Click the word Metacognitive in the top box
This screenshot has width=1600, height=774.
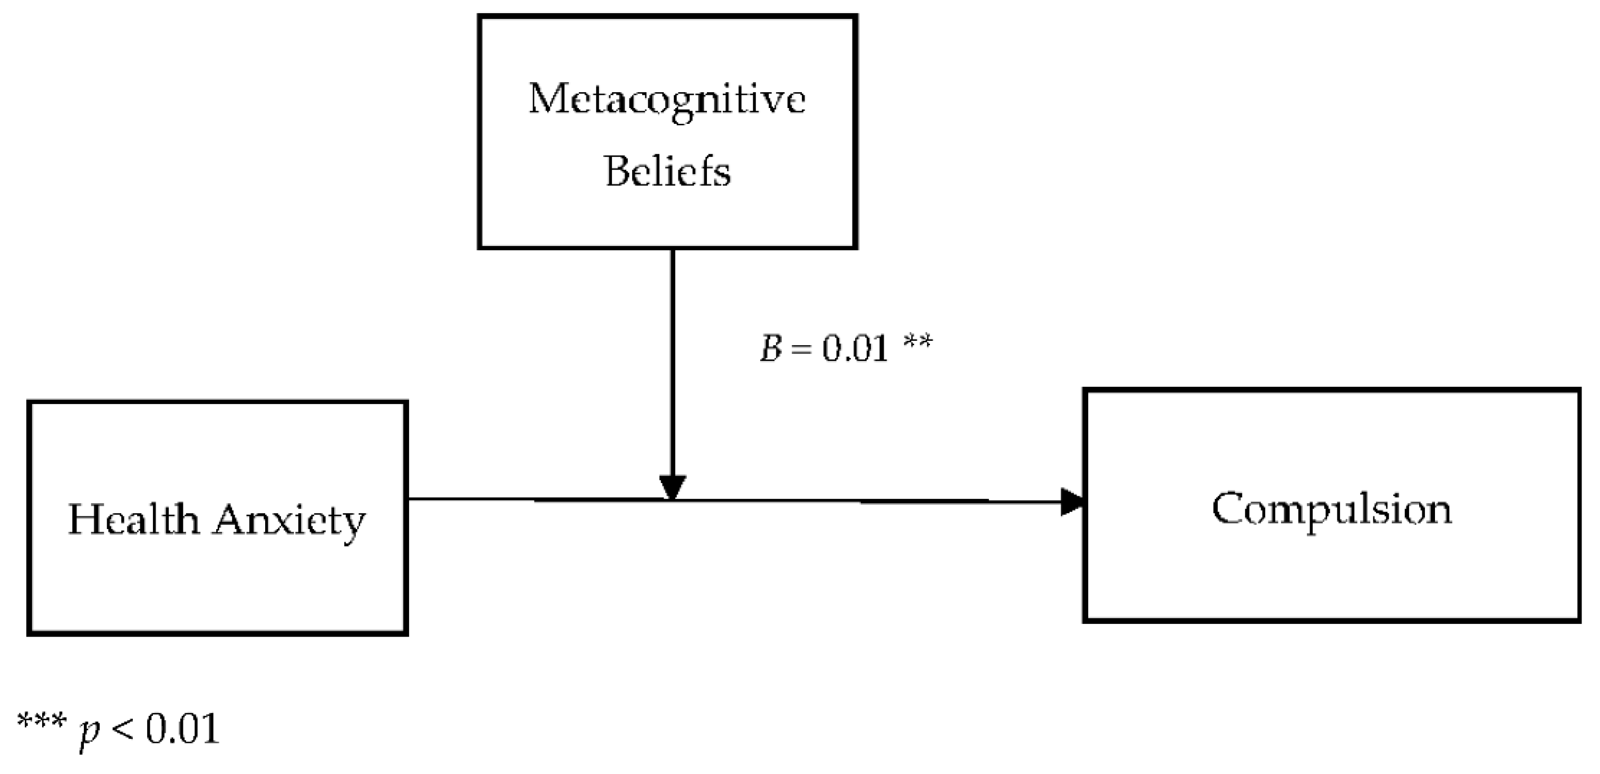667,99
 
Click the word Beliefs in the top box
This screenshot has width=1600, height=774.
667,171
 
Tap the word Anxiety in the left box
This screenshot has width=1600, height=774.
289,520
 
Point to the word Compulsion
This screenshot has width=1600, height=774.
1332,510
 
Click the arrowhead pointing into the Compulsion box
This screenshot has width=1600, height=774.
1073,502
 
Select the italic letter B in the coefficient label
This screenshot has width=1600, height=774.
771,349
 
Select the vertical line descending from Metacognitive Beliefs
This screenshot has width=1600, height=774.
672,360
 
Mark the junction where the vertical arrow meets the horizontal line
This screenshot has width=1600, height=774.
672,499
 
